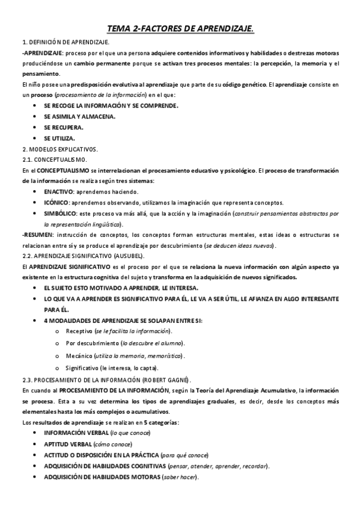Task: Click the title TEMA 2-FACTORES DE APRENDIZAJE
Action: [x=180, y=28]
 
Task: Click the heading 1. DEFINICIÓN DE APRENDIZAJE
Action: [x=65, y=43]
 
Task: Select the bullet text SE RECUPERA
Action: [x=64, y=127]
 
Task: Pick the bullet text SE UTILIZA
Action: [x=59, y=138]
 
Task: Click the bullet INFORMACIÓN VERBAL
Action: [x=76, y=433]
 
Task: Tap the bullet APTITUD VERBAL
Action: [x=67, y=444]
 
